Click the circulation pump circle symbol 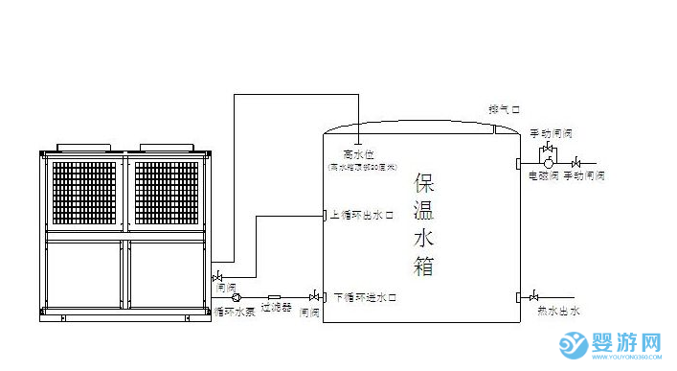pos(237,296)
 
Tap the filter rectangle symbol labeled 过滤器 pos(274,296)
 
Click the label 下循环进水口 pos(365,298)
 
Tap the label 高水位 pos(355,153)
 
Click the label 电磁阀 pos(545,178)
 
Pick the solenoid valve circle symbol pos(549,165)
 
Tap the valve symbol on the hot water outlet pos(533,296)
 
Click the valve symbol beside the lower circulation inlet pos(313,296)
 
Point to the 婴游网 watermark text pos(628,342)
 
